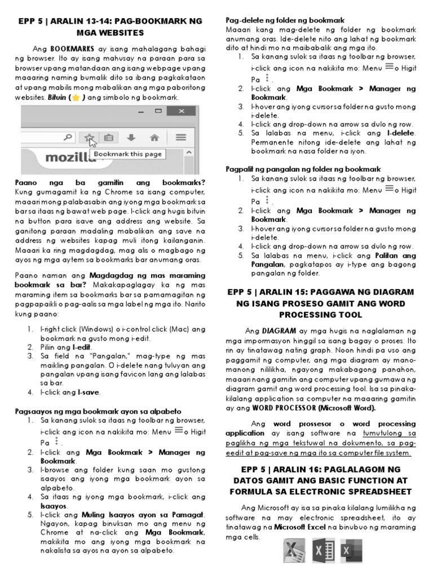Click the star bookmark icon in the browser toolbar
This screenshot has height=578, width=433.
[88, 137]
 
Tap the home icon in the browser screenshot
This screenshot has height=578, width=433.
[154, 137]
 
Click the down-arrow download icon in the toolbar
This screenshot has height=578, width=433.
[131, 137]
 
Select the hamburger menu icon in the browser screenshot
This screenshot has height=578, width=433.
[180, 137]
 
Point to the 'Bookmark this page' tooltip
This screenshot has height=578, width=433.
[127, 154]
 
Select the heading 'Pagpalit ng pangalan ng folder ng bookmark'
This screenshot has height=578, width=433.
[303, 169]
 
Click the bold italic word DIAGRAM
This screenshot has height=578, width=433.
[277, 330]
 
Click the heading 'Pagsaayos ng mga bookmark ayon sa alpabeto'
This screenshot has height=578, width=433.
[98, 411]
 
